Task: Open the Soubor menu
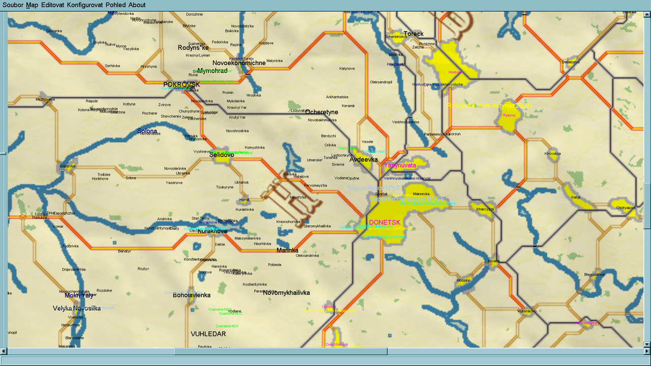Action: click(x=13, y=5)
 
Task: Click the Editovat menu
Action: click(x=52, y=5)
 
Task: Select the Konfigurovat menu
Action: click(x=85, y=5)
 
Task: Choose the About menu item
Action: click(x=137, y=5)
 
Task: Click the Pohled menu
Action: click(x=115, y=5)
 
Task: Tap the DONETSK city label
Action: click(x=384, y=223)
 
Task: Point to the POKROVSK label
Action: click(x=182, y=84)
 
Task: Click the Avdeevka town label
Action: click(x=364, y=160)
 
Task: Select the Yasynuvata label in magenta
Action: click(x=400, y=166)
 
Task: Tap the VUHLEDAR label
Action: click(x=208, y=334)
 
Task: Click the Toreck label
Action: click(x=413, y=34)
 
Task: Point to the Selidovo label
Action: click(x=222, y=155)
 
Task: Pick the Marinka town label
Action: click(x=287, y=251)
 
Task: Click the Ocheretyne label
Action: click(x=321, y=112)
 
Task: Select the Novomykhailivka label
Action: click(x=286, y=293)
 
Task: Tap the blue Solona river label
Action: click(x=147, y=132)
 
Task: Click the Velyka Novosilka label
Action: click(x=77, y=309)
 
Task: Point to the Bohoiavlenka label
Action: click(x=192, y=295)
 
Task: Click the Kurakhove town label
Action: click(x=212, y=231)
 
